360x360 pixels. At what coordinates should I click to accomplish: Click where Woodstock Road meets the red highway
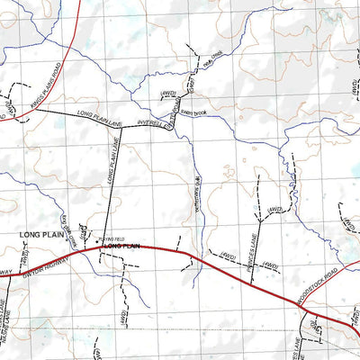coord(301,307)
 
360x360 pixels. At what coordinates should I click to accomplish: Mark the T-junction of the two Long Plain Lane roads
coord(121,127)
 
